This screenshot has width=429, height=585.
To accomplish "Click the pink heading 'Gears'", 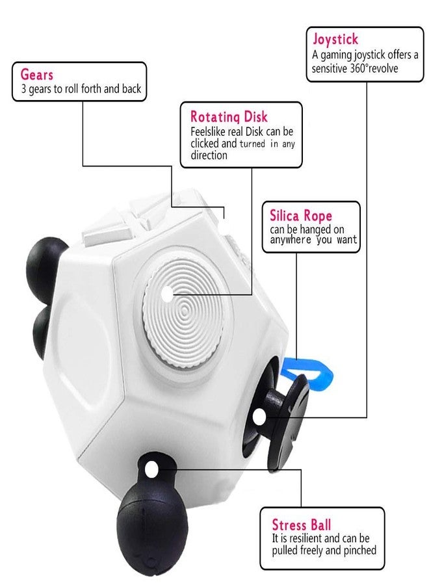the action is tap(36, 74).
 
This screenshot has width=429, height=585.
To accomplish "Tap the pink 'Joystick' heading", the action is tap(335, 39).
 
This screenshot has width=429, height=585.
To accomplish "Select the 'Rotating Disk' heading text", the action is tap(229, 117).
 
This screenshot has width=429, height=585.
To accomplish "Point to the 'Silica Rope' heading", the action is tap(301, 215).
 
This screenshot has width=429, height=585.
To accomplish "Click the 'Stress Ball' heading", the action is tap(301, 525).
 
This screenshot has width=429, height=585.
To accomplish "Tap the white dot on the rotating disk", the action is tap(168, 294).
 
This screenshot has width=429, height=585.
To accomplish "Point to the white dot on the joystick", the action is tap(259, 417).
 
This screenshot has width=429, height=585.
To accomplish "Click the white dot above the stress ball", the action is tap(151, 469).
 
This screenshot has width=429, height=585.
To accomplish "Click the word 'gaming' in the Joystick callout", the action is tap(336, 55).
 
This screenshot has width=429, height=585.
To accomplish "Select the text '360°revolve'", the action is tap(374, 68).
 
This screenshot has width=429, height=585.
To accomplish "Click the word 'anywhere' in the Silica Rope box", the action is tap(291, 239).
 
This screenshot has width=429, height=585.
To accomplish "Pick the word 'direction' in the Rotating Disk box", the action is tap(209, 155).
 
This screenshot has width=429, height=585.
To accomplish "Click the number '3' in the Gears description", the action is tap(23, 89).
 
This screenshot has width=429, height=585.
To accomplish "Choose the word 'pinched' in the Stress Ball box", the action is tap(359, 551).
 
